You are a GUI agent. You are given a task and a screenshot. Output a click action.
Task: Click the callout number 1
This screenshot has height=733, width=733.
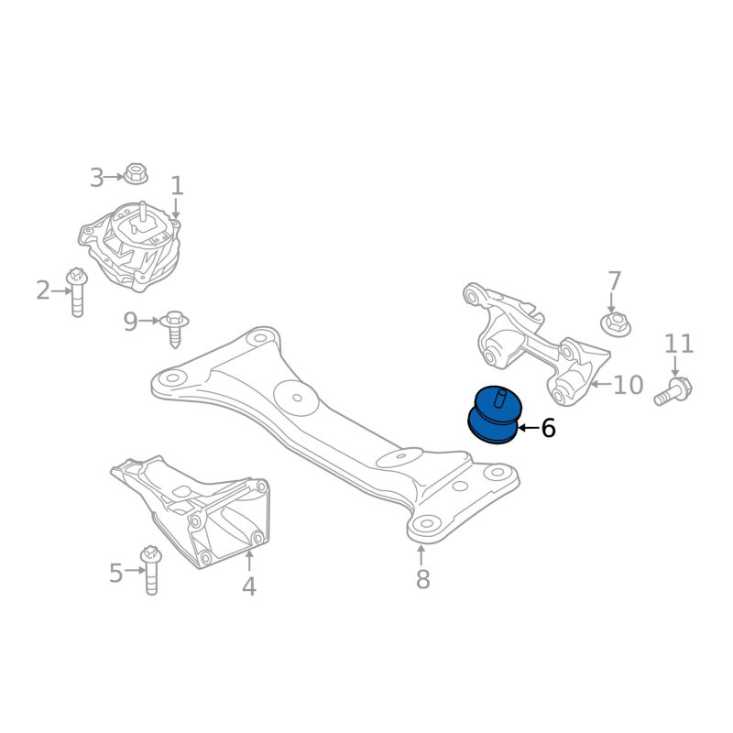pos(177,186)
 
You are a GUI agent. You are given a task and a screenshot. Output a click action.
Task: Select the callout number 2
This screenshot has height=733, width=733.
pos(43,291)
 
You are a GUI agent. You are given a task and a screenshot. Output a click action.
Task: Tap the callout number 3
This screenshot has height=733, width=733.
pos(97,178)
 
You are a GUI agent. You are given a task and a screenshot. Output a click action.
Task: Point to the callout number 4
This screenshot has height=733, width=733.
pos(248,586)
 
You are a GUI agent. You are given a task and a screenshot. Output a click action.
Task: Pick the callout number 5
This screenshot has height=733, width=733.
pos(115,574)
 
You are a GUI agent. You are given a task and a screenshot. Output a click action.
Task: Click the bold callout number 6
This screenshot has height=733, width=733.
pos(548,428)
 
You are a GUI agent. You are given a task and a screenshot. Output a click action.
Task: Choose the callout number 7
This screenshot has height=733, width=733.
pos(614,281)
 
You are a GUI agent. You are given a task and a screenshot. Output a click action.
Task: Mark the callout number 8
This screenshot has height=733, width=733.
pos(421,579)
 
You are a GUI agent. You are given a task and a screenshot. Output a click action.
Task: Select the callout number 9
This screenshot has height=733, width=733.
pos(130,322)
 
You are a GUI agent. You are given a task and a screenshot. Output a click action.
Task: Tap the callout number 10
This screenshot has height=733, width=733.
pos(628,385)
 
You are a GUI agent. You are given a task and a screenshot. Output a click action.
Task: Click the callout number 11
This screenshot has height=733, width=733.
pos(679,345)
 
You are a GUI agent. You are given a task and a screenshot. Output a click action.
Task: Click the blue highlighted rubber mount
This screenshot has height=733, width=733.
pos(495,414)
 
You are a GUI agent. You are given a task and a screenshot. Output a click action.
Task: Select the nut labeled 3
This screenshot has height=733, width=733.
pos(137,173)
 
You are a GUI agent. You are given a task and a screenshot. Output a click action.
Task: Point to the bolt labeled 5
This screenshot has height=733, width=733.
pos(150,569)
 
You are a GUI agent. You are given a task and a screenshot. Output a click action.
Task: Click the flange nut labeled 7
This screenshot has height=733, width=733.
pos(614,323)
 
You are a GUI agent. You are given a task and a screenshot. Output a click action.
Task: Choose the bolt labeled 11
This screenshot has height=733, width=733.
pos(673,391)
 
